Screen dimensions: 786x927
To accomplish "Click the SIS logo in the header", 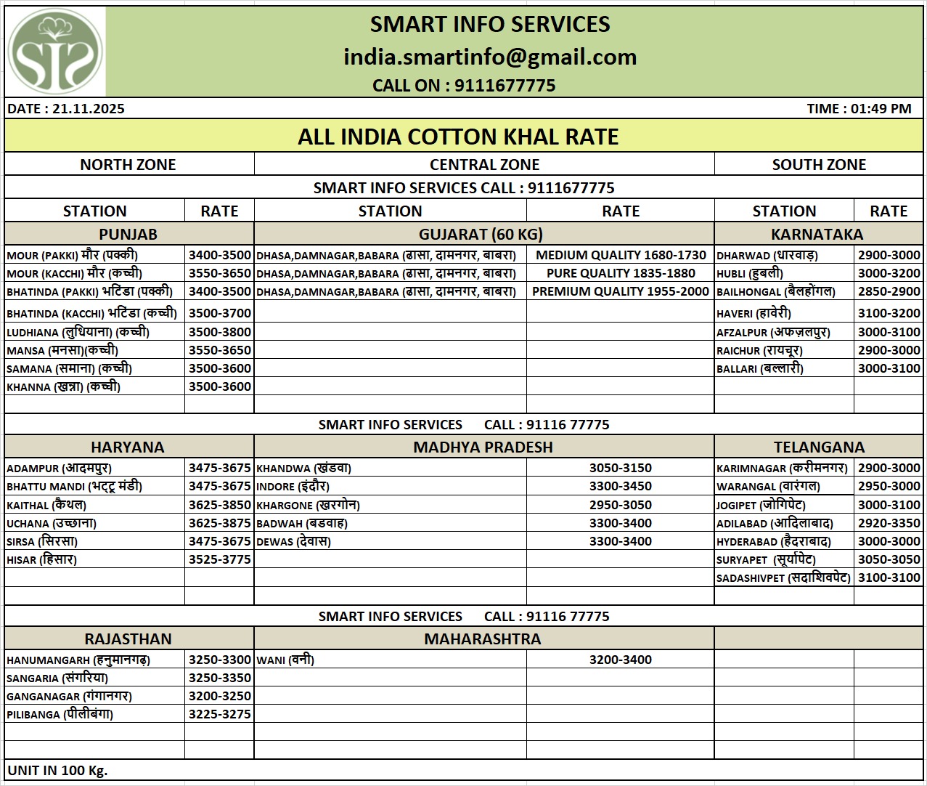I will (x=55, y=52).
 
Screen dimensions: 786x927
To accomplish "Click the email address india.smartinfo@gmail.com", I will (x=490, y=57).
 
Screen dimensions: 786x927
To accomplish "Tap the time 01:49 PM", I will (x=859, y=109).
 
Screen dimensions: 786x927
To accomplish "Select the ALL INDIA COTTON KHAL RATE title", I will (x=458, y=137).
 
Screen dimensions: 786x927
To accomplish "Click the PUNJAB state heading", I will (x=128, y=234).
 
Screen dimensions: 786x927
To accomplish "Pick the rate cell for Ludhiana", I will (x=219, y=332).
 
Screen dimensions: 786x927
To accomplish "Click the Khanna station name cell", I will (x=64, y=386).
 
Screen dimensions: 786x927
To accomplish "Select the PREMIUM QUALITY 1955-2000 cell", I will (x=620, y=291).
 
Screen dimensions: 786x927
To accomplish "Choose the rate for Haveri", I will (x=889, y=313).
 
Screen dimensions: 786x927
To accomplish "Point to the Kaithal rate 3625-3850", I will (x=219, y=505).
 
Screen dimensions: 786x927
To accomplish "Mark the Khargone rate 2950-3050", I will (x=620, y=505).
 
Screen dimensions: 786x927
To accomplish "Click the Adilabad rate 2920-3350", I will (x=889, y=523).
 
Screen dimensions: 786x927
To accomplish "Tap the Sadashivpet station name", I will (x=783, y=578).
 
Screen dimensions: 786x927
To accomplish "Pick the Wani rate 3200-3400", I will (x=620, y=660).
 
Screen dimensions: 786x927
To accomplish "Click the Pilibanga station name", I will (x=60, y=714).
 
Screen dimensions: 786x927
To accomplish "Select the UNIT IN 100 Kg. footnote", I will (x=57, y=770).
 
